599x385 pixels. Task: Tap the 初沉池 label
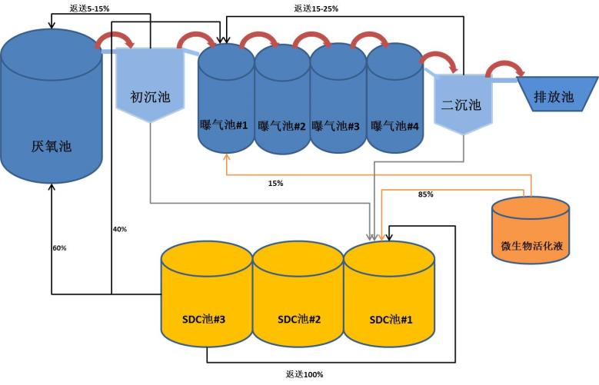point(150,98)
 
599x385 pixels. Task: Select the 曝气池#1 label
point(224,125)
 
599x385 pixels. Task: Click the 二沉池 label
point(461,105)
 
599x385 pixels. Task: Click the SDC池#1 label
point(391,318)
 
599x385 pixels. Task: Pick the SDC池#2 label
point(299,318)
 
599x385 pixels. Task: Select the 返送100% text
point(304,374)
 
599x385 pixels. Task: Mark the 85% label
point(425,194)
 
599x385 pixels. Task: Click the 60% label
point(59,248)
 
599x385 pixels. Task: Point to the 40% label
point(119,229)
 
